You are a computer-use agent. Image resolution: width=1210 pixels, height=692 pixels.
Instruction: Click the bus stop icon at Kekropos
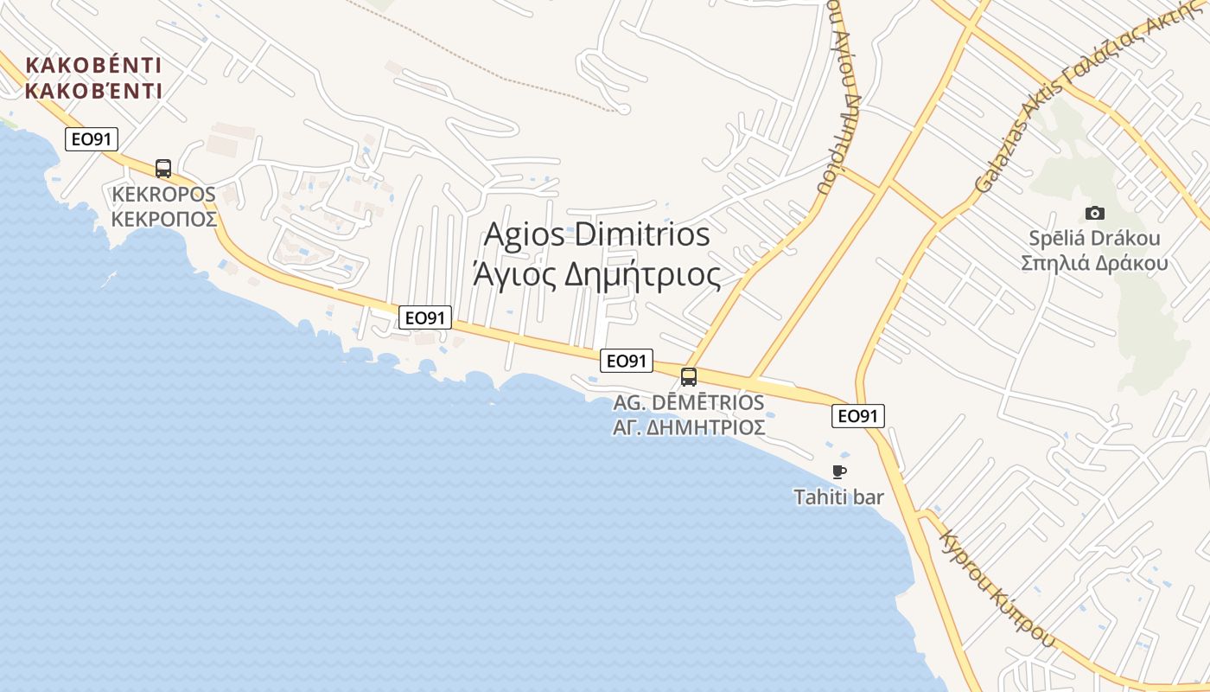click(x=163, y=168)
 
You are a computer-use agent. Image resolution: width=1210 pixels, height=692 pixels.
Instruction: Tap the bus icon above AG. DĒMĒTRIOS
click(x=689, y=376)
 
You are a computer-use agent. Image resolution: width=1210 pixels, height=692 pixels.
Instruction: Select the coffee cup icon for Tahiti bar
click(x=838, y=471)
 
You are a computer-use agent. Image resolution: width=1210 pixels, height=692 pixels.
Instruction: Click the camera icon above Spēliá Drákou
click(x=1094, y=213)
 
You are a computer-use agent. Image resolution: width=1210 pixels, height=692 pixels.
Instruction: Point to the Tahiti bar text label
click(x=838, y=497)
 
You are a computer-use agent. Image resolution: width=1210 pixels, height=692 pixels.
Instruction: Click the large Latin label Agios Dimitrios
click(x=597, y=234)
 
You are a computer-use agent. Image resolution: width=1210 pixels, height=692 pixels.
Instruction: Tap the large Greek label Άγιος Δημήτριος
click(x=597, y=274)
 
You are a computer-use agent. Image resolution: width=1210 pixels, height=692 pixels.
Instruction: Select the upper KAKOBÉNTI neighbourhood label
click(x=94, y=66)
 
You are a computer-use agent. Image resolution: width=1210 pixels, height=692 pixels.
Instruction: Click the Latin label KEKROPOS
click(x=163, y=194)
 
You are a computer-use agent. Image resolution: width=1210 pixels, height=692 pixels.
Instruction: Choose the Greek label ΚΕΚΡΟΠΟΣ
click(x=163, y=219)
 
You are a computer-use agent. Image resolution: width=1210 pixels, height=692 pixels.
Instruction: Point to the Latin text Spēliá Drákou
click(x=1094, y=238)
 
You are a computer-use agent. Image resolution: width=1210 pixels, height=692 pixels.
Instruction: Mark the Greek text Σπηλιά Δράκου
click(x=1094, y=263)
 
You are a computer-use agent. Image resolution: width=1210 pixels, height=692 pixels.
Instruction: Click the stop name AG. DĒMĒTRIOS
click(x=689, y=402)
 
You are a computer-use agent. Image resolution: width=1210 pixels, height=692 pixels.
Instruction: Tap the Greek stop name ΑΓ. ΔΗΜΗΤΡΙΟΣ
click(x=689, y=426)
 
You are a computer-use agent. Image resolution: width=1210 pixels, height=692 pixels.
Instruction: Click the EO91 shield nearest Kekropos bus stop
click(x=91, y=139)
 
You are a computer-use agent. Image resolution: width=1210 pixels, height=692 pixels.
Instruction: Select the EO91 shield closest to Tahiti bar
click(x=858, y=416)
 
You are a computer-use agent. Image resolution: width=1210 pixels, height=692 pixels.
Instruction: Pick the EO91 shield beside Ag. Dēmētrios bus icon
click(x=627, y=361)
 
